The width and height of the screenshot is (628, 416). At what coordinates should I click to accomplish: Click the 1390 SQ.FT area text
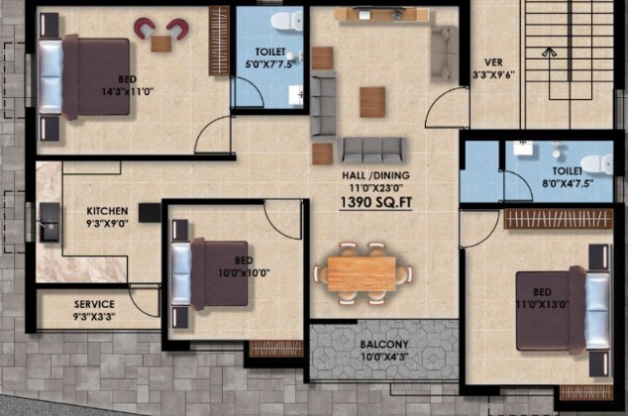click(x=375, y=202)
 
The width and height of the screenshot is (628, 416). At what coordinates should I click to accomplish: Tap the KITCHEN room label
click(x=107, y=211)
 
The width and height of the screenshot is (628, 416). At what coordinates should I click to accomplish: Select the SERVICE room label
click(x=94, y=304)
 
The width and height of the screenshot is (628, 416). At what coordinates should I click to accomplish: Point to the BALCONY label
click(x=384, y=345)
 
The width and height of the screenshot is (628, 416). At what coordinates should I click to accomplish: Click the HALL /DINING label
click(x=375, y=175)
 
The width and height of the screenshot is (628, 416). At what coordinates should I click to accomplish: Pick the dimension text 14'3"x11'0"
click(x=128, y=92)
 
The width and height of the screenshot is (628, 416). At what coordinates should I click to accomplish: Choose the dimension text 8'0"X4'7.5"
click(x=568, y=184)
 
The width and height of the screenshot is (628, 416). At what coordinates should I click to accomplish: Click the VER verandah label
click(x=493, y=62)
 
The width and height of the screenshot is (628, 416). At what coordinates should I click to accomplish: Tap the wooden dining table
click(x=362, y=273)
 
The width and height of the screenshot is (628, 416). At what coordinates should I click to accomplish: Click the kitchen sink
click(x=50, y=223)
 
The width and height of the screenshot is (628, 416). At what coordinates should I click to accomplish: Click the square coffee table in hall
click(x=372, y=102)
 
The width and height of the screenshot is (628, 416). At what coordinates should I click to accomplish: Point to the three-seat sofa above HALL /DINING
click(x=372, y=151)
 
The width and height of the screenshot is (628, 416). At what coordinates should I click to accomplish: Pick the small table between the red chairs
click(x=161, y=44)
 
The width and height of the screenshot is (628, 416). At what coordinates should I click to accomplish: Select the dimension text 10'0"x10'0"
click(x=244, y=273)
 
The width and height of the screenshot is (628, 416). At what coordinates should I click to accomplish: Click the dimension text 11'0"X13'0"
click(x=543, y=305)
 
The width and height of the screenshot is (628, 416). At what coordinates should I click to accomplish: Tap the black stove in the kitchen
click(x=150, y=213)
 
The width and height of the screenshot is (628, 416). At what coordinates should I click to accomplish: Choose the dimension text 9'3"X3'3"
click(x=94, y=317)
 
